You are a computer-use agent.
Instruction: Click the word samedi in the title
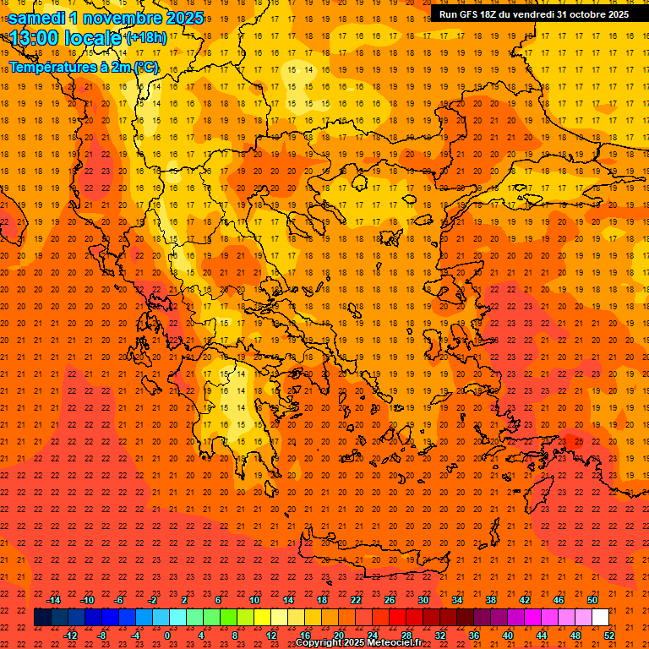coord(39,18)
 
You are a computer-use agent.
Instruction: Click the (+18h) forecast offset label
coord(146,38)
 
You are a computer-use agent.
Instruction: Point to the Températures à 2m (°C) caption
coord(83,67)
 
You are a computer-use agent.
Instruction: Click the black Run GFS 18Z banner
coord(533,14)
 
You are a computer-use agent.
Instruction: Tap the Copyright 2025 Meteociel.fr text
coord(358,643)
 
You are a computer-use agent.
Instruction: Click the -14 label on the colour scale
coord(54,600)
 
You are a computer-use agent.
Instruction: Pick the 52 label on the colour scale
coord(609,635)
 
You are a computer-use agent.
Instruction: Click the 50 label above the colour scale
coord(592,600)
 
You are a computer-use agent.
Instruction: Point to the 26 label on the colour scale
coord(390,600)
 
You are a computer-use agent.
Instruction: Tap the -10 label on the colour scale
coord(87,600)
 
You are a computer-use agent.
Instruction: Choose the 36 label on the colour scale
coord(474,635)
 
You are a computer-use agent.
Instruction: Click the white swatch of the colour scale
coord(600,618)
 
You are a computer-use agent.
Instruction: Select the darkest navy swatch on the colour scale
coord(42,618)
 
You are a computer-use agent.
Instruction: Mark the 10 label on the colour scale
coord(254,600)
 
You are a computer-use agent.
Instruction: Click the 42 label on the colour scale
coord(525,600)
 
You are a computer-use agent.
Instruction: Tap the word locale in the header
coord(90,38)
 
